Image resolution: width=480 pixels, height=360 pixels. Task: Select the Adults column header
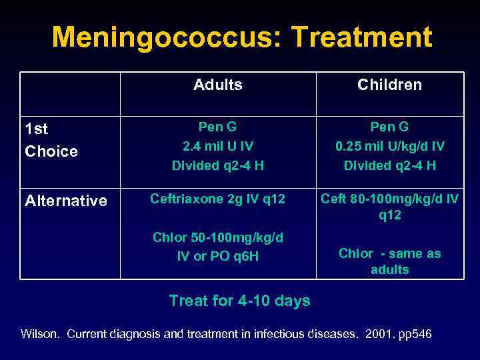pyautogui.click(x=218, y=85)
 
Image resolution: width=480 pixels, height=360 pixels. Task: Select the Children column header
pyautogui.click(x=389, y=85)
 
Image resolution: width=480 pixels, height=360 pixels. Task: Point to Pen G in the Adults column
pyautogui.click(x=218, y=127)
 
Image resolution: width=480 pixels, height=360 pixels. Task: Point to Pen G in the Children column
pyautogui.click(x=390, y=127)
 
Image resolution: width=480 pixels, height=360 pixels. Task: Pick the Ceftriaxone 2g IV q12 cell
pyautogui.click(x=218, y=199)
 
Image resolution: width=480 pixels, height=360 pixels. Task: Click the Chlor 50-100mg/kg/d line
pyautogui.click(x=218, y=238)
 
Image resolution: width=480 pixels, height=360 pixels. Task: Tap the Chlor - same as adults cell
pyautogui.click(x=390, y=261)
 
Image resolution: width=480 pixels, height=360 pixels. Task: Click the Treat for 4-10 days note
pyautogui.click(x=239, y=301)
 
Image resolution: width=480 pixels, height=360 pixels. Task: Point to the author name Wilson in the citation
pyautogui.click(x=41, y=333)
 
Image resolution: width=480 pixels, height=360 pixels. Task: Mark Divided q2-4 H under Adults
pyautogui.click(x=218, y=165)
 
